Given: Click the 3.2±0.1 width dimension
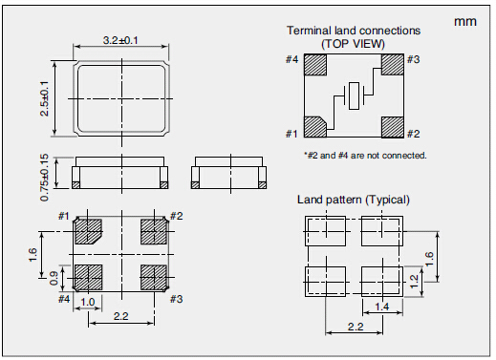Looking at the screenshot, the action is (x=120, y=41).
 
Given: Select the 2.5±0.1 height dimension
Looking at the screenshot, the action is (x=45, y=98).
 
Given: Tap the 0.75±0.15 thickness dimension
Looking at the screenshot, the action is (x=45, y=178).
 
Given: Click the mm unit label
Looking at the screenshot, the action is (x=465, y=22).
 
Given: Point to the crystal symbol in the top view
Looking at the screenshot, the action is (x=354, y=95).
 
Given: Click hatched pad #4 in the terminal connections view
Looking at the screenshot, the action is (x=315, y=65).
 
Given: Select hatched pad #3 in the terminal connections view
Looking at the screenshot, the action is (x=393, y=65).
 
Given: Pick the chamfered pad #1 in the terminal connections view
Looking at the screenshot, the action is (x=314, y=127).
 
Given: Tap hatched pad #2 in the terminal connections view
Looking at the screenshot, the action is (x=393, y=127).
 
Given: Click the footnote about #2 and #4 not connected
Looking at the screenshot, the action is (x=365, y=156).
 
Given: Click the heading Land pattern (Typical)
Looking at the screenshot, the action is (x=354, y=200).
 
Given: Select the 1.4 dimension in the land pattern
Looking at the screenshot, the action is (x=382, y=307).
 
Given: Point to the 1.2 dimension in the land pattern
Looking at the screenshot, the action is (x=414, y=282).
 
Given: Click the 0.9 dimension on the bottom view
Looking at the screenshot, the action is (x=54, y=278).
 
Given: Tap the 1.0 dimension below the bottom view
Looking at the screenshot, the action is (x=87, y=302).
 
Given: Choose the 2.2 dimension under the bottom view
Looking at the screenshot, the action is (x=120, y=316).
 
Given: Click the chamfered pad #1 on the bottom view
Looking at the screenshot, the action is (x=88, y=231).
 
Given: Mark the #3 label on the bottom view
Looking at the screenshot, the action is (x=176, y=299).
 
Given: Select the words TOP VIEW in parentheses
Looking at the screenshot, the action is (x=353, y=43).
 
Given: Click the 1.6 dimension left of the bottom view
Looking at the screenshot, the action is (x=33, y=255).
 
